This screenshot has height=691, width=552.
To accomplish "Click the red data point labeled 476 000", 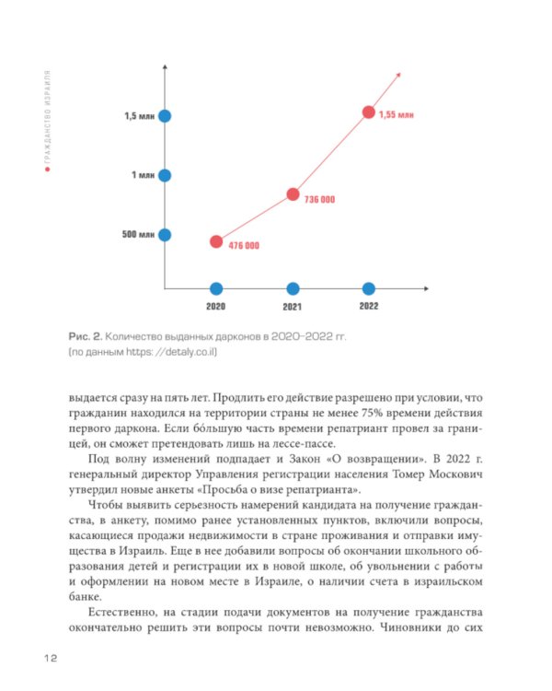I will point(216,241).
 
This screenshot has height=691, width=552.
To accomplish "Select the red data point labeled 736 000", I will point(293,194).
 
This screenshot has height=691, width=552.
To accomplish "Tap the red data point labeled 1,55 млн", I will point(369,112).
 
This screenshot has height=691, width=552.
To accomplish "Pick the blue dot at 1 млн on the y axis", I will point(165,175).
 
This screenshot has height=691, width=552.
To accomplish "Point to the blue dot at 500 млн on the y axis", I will point(165,234).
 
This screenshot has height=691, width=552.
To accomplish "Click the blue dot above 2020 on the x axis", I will point(216,288).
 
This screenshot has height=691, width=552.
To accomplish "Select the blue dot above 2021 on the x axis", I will point(293,288).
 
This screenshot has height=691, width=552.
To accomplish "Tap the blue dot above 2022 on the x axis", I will point(369,288).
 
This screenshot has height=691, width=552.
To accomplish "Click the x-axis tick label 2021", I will point(293,306).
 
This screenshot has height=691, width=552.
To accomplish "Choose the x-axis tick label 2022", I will point(368,306).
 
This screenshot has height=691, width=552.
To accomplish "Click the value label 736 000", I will point(319,200).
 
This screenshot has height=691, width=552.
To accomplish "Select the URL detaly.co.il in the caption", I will point(190,353).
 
